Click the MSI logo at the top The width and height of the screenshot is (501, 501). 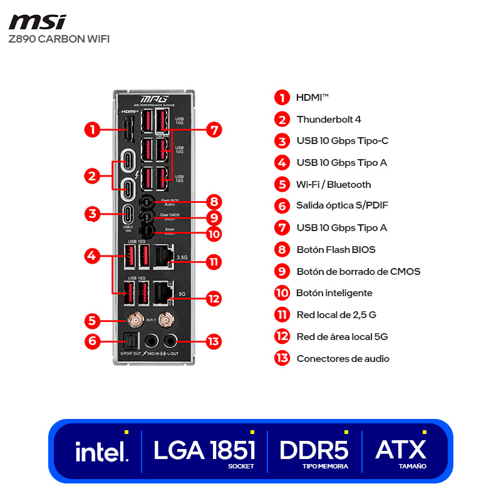[37, 22]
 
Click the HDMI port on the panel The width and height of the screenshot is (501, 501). [128, 129]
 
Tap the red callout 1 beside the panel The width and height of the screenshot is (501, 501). [92, 130]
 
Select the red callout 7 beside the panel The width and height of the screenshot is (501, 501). [214, 130]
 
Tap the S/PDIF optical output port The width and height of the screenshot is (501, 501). [132, 341]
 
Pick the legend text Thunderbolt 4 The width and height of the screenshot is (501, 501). [329, 119]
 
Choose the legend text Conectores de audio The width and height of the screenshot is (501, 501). [343, 358]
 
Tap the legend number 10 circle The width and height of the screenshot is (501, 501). [282, 292]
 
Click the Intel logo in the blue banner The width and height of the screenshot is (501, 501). [101, 452]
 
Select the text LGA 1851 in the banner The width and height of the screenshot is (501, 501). [204, 450]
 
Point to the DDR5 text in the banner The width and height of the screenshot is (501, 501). [314, 450]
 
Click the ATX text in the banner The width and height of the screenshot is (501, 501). [401, 449]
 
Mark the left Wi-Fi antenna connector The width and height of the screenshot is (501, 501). [133, 320]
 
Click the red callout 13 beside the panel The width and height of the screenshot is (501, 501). [214, 341]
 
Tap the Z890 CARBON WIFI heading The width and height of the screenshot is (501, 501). [59, 39]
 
